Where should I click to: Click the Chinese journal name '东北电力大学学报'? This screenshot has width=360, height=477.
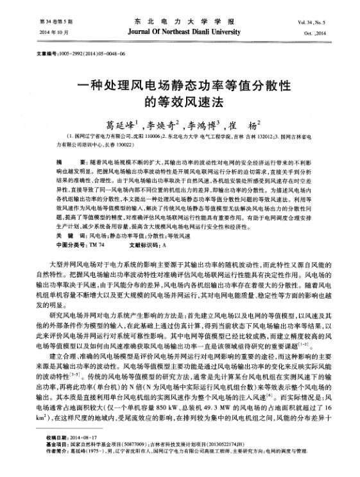coord(182,21)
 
